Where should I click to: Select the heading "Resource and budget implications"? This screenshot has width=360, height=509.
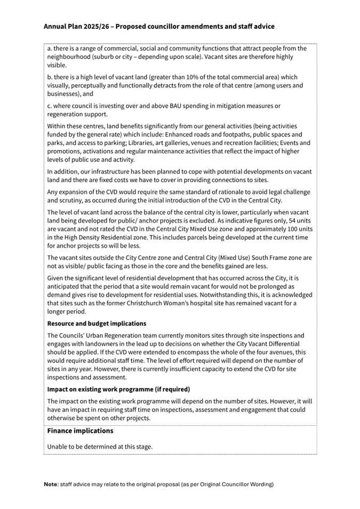pyautogui.click(x=97, y=324)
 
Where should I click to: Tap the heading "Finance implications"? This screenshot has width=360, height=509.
pyautogui.click(x=80, y=431)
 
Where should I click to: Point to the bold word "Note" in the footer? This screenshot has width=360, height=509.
pyautogui.click(x=51, y=484)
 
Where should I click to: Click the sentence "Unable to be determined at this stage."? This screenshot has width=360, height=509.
pyautogui.click(x=100, y=447)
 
